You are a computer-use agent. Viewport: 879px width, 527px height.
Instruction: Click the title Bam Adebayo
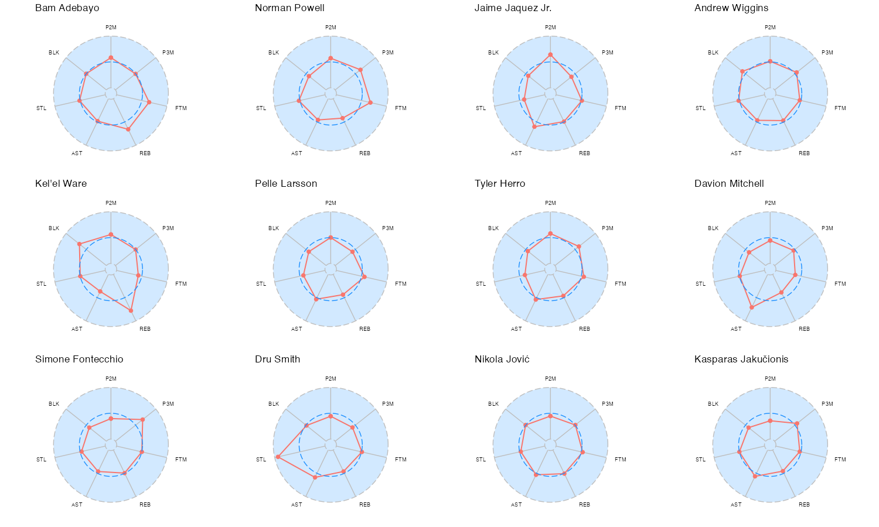67,8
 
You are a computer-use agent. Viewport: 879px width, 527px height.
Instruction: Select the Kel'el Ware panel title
61,184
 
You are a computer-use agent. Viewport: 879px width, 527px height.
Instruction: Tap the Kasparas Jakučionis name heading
741,360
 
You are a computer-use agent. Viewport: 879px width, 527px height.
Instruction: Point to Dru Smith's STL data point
277,457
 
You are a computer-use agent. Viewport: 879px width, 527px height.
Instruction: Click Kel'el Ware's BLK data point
80,244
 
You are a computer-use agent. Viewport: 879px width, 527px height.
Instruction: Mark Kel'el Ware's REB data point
131,310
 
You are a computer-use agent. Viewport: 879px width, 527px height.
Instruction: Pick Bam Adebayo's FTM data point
149,102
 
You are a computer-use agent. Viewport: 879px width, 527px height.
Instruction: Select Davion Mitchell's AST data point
752,307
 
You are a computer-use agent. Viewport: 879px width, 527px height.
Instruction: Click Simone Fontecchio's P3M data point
142,420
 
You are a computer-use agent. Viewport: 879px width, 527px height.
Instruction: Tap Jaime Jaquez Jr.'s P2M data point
550,55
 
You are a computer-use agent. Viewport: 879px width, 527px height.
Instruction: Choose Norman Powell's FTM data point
370,102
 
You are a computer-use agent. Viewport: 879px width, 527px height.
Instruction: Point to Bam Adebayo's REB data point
128,129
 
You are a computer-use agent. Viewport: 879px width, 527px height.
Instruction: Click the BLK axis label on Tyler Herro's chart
493,228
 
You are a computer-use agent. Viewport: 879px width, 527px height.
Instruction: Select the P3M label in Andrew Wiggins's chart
827,53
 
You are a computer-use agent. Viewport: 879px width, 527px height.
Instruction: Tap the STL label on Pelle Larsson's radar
261,284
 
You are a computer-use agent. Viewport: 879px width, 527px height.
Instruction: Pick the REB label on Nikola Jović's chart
584,505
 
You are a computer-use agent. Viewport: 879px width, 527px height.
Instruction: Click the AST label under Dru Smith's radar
297,505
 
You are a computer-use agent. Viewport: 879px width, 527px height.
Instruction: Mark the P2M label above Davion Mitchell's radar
770,203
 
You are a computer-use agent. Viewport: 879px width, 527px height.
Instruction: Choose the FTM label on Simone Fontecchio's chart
181,460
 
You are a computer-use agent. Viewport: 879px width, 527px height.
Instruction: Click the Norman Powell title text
289,8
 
